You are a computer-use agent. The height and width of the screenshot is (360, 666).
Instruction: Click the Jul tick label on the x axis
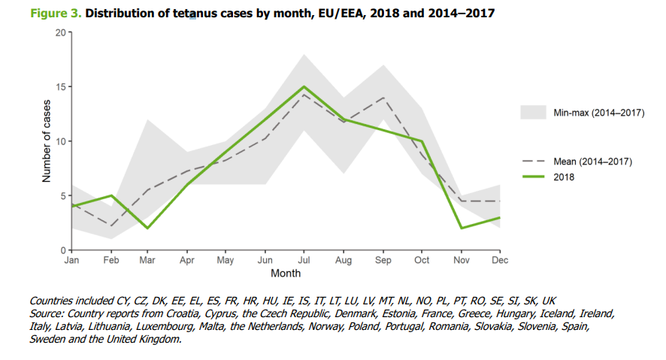pyautogui.click(x=303, y=261)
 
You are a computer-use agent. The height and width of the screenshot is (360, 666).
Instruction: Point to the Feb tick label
pyautogui.click(x=111, y=261)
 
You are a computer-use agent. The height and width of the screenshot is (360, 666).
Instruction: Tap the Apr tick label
pyautogui.click(x=188, y=261)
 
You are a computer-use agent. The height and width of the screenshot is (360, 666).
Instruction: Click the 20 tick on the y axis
pyautogui.click(x=60, y=32)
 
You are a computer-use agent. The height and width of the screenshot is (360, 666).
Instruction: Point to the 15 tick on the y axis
pyautogui.click(x=60, y=87)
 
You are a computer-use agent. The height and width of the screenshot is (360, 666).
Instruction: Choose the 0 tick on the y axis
pyautogui.click(x=63, y=250)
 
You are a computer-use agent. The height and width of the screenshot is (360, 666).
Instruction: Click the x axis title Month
pyautogui.click(x=286, y=274)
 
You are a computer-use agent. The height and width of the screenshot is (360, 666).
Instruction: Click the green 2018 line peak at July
pyautogui.click(x=303, y=86)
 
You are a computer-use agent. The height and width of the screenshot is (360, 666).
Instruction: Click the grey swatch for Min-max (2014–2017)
pyautogui.click(x=532, y=112)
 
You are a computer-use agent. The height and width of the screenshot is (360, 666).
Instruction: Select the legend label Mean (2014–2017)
pyautogui.click(x=593, y=162)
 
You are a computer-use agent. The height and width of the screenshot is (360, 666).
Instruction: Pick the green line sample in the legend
pyautogui.click(x=532, y=178)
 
